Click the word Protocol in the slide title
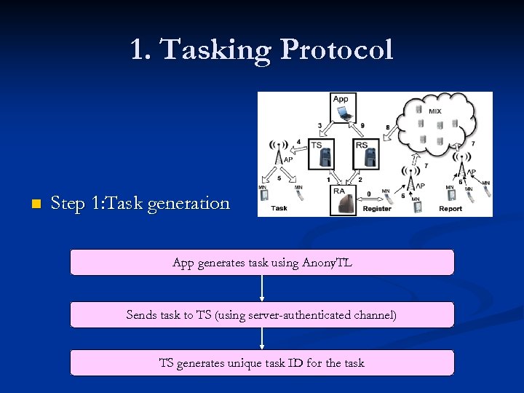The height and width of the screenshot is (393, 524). tap(336, 49)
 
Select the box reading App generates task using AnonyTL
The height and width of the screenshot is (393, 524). tap(262, 263)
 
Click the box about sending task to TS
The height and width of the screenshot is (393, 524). tap(262, 315)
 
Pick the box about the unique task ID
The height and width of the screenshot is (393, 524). tap(262, 362)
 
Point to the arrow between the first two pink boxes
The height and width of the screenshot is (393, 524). tap(262, 289)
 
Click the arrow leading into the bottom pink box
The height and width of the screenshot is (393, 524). tap(262, 339)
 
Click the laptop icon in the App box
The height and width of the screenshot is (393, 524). tap(344, 113)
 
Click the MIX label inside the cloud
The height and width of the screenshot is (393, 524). tap(434, 111)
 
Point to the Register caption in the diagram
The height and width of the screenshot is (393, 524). tap(376, 209)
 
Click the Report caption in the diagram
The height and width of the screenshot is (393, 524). tap(450, 209)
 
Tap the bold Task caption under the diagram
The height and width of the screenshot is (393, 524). tap(279, 208)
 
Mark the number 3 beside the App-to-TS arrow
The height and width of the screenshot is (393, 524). tap(320, 126)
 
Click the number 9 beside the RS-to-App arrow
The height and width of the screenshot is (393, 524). tap(362, 126)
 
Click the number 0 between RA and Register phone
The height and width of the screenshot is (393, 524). tap(369, 194)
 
